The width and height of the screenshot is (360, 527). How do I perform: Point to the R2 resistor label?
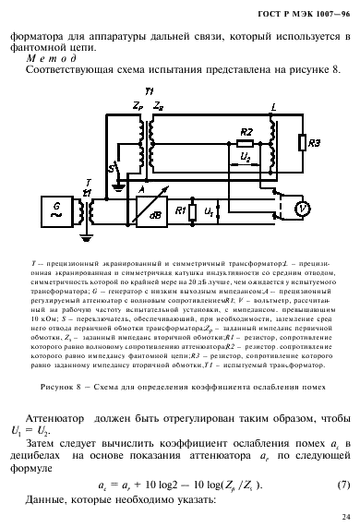tap(245, 133)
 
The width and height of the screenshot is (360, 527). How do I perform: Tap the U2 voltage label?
tap(245, 159)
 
